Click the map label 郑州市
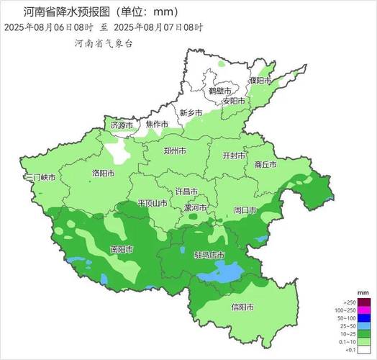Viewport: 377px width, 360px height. [x=174, y=152]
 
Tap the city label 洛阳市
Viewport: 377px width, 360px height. [x=104, y=174]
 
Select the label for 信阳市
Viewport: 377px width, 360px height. [x=242, y=307]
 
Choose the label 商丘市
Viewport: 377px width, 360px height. [x=265, y=164]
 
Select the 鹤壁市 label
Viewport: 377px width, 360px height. [x=220, y=91]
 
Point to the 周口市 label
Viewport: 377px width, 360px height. [x=245, y=210]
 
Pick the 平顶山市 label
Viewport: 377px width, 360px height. [x=152, y=204]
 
